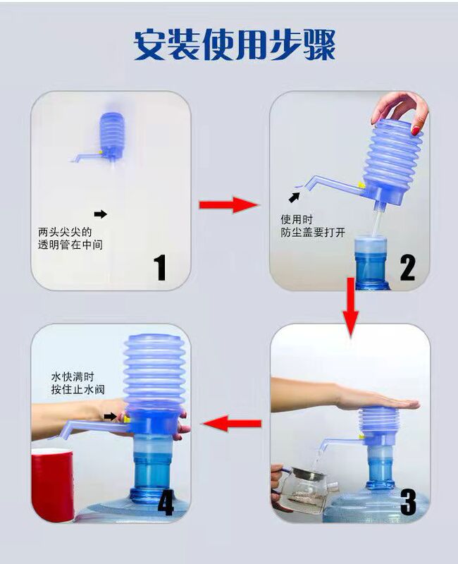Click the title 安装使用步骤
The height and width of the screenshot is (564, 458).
235,44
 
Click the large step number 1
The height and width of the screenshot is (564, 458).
160,267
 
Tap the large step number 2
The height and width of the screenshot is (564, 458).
407,268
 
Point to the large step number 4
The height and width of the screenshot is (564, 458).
166,502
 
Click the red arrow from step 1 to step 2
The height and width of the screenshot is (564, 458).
229,204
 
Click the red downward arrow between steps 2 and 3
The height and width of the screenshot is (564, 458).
350,307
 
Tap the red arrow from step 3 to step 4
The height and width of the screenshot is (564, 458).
233,424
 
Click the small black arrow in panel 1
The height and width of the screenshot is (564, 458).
101,214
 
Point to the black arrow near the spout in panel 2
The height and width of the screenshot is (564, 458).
295,197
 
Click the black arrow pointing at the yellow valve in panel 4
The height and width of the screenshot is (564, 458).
111,417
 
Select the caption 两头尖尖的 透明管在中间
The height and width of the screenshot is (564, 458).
70,238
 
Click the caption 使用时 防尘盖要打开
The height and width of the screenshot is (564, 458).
313,226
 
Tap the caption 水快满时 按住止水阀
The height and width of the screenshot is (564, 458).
78,383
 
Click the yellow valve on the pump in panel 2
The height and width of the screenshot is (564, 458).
361,185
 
